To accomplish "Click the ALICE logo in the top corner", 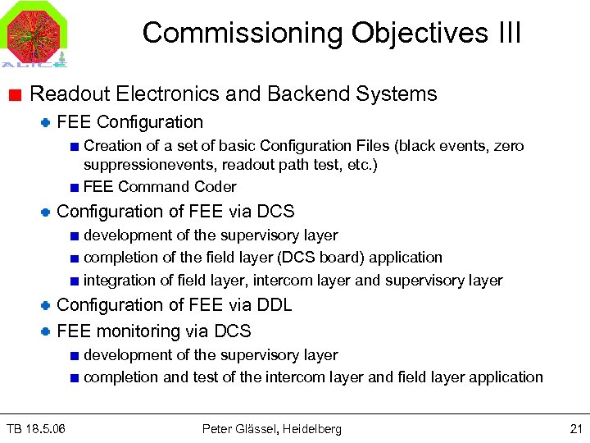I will (34, 34).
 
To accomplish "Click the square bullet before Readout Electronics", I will (17, 94).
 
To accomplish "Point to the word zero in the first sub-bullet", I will (508, 146).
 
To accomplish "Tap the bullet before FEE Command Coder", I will (75, 188).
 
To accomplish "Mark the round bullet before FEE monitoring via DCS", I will (47, 332).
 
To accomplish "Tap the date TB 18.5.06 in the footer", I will (37, 428).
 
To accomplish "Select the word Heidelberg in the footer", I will (314, 428).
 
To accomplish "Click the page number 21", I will (574, 428).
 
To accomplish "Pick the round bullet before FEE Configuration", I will (47, 123).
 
